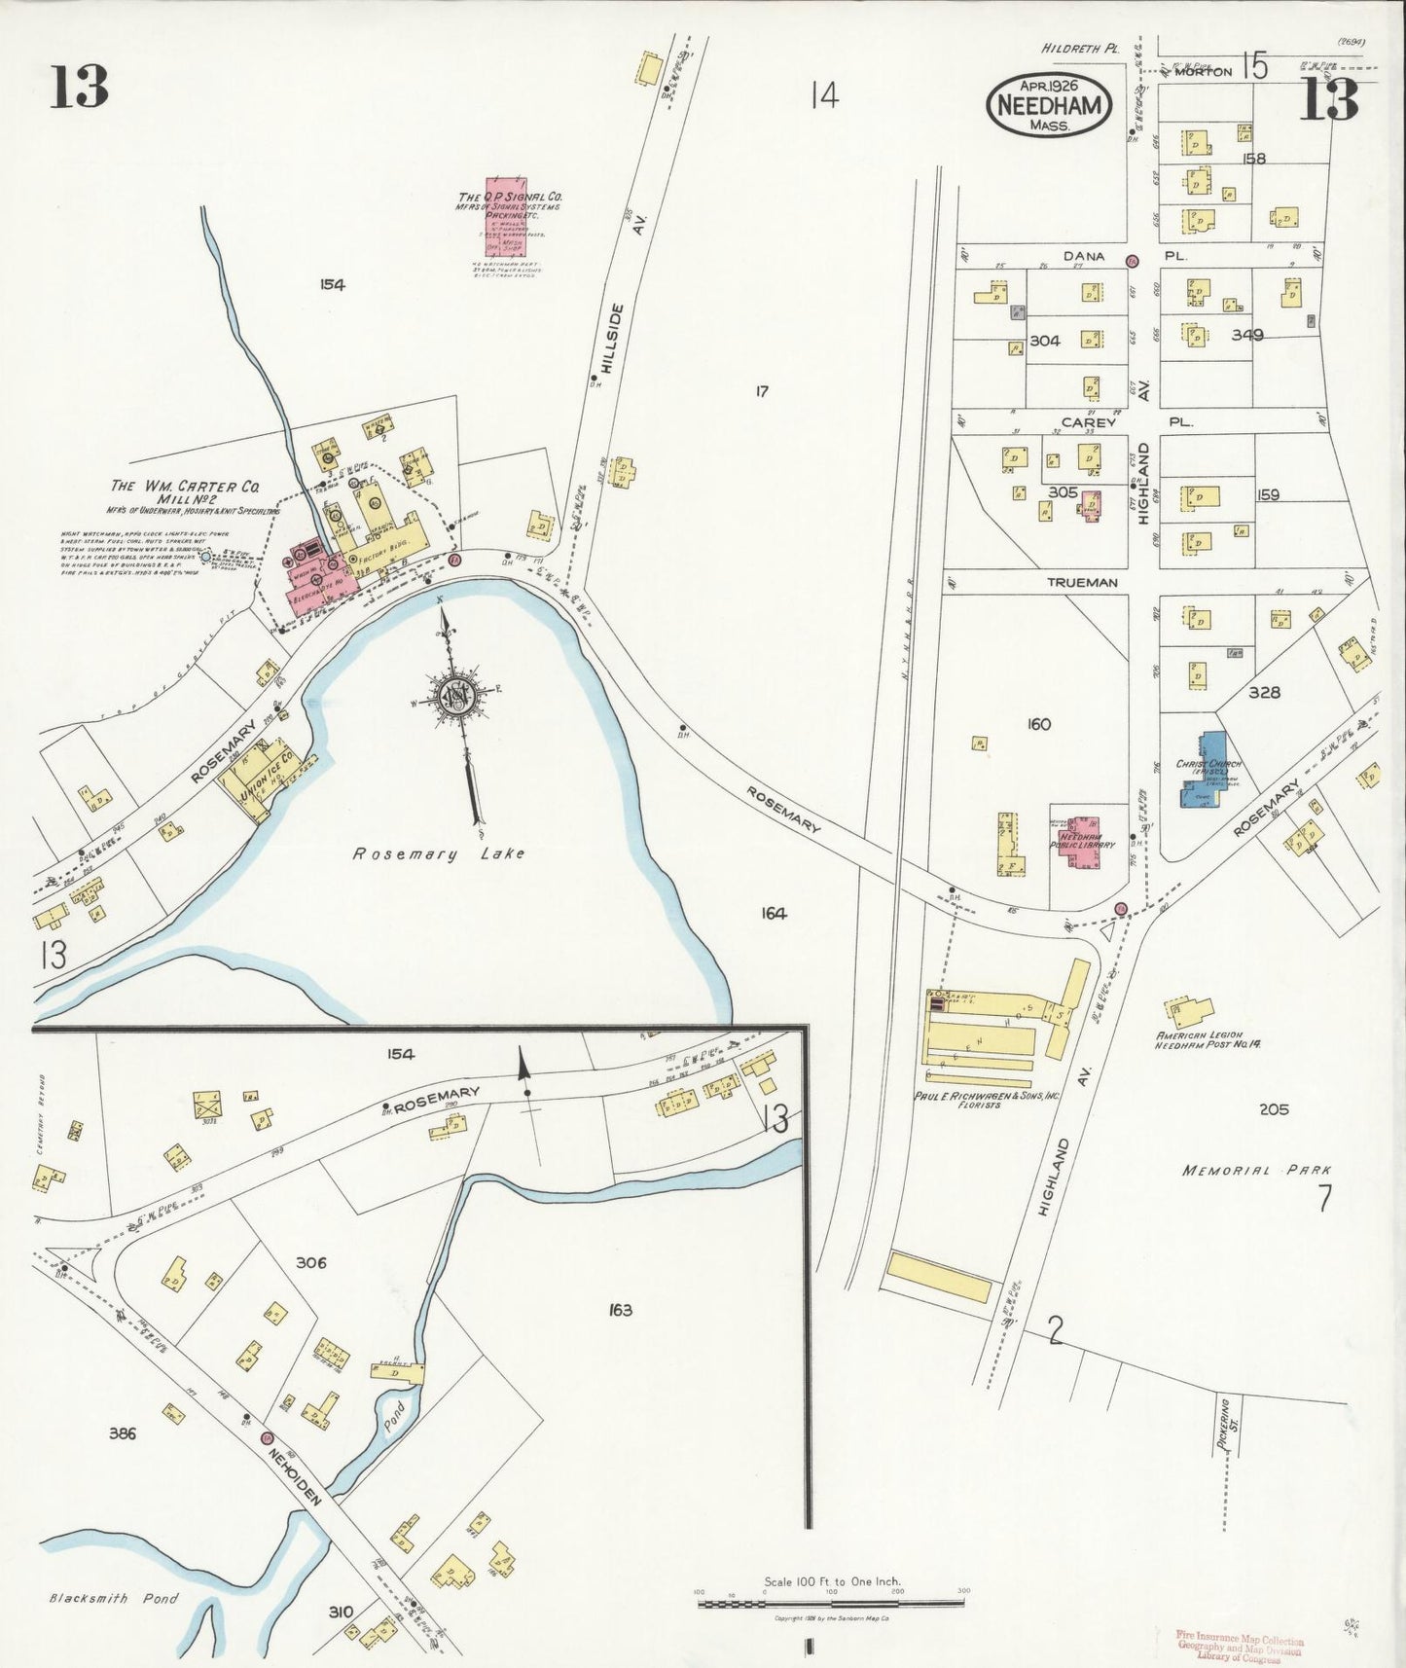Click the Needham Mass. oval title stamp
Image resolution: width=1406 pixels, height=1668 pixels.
[x=1049, y=104]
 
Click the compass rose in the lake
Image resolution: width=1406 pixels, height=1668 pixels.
[x=453, y=695]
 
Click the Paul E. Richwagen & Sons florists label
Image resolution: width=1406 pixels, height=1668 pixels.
[x=986, y=1100]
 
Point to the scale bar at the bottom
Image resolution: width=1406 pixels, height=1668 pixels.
[x=831, y=1602]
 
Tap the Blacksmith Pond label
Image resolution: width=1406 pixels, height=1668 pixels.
[x=114, y=1598]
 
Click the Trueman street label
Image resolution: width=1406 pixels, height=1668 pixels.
[x=1082, y=582]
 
